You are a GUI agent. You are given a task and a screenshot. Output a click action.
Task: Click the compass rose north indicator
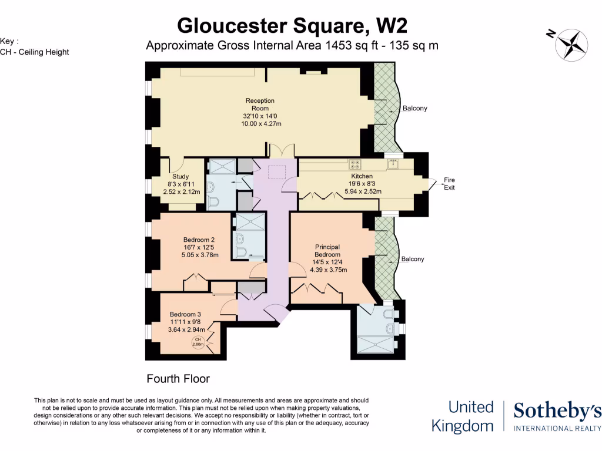point(568,42)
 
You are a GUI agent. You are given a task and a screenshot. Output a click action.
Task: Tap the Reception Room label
point(260,105)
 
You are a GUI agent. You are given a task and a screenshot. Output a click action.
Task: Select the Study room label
point(180,176)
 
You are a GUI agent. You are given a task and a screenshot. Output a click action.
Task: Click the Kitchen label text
point(362,176)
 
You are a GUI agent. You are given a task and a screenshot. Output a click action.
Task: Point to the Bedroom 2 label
point(199,240)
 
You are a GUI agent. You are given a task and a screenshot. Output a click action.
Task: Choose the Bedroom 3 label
point(185,314)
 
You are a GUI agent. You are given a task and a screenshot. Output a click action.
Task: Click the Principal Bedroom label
point(327,251)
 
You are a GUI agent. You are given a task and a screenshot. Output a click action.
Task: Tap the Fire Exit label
point(449,184)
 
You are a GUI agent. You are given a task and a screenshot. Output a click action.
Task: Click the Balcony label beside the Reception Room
point(414,109)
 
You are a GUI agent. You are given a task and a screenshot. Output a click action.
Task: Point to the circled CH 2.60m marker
point(198,342)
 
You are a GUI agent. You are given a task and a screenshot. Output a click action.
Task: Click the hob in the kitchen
point(356,164)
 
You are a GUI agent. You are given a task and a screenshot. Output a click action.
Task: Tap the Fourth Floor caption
point(178,379)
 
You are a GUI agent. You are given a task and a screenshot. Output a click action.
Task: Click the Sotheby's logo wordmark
point(557,412)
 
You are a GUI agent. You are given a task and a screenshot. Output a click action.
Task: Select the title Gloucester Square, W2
point(292,26)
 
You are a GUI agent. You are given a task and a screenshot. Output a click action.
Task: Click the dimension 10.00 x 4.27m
point(260,124)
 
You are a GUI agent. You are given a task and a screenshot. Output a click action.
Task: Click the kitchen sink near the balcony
point(392,164)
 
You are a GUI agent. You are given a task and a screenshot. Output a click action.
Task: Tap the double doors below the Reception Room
point(282,150)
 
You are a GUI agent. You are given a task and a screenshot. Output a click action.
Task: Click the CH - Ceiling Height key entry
point(35,52)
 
